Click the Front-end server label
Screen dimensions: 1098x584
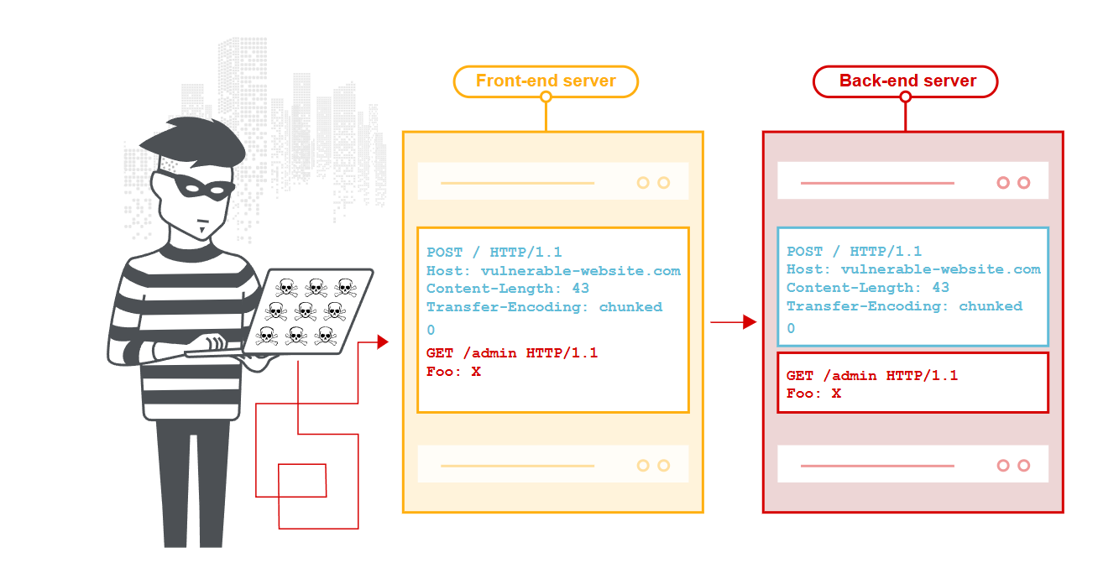tap(546, 81)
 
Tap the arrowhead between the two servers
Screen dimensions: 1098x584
tap(750, 322)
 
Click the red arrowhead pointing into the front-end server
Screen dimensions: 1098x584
tap(383, 342)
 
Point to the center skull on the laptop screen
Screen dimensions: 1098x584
tap(306, 310)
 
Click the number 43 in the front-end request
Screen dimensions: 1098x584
tap(580, 288)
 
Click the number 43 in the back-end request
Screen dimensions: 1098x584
tap(941, 287)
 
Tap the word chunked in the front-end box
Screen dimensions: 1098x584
tap(630, 307)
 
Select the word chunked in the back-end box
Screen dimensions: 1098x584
tap(991, 306)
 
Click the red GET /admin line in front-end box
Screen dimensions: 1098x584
tap(512, 352)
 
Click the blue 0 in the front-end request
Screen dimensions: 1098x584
tap(431, 330)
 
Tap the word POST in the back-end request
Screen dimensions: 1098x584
tap(804, 252)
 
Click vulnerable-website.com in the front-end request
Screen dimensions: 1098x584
tap(580, 270)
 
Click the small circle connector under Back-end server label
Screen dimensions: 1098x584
tap(906, 97)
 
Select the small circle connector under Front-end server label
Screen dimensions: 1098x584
tap(546, 97)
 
